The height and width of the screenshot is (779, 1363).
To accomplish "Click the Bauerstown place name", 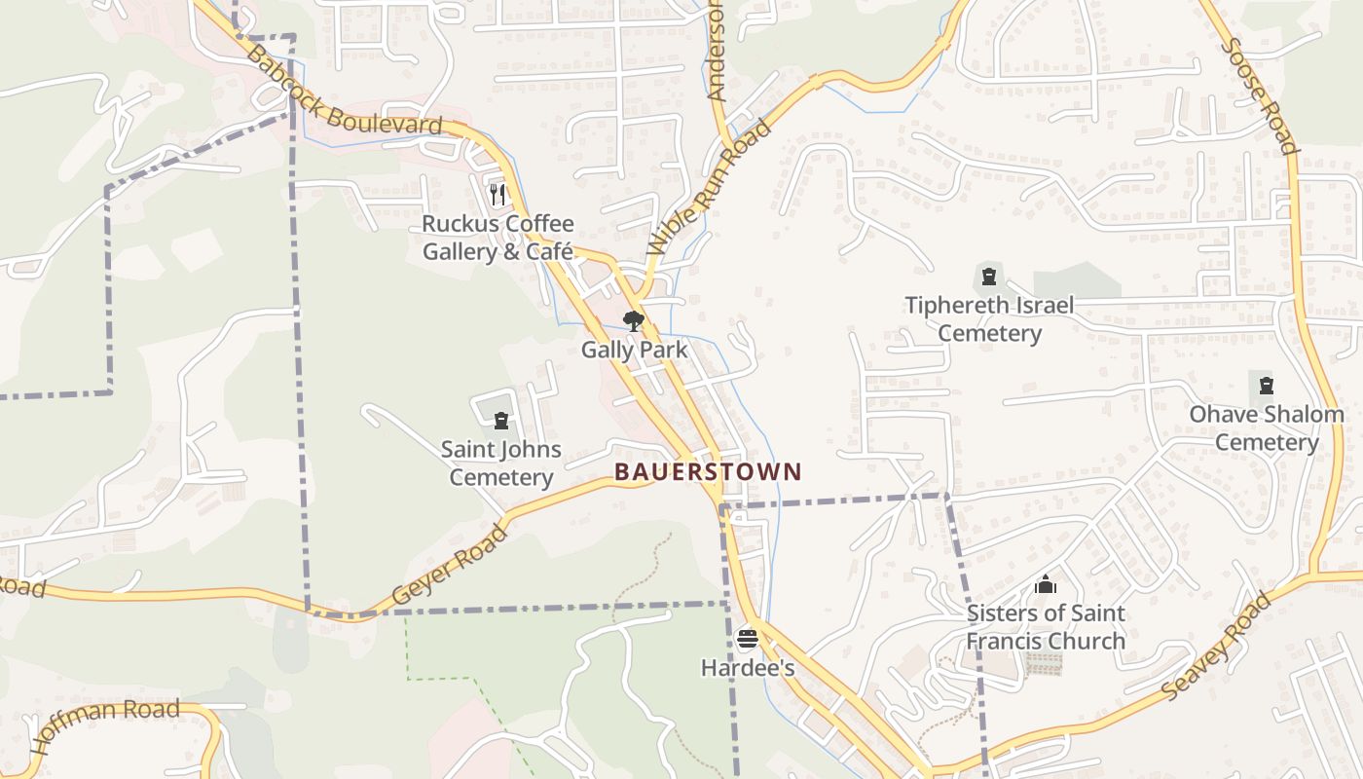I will (708, 472).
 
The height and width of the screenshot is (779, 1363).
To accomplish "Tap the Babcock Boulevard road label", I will (344, 92).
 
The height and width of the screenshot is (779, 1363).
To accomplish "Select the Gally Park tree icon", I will (634, 320).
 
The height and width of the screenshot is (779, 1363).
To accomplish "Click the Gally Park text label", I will (634, 350).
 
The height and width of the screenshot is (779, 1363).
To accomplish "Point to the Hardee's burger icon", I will (747, 639).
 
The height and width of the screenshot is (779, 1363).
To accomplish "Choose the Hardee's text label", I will (747, 668).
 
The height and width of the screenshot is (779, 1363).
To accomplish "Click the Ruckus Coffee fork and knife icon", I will (497, 195).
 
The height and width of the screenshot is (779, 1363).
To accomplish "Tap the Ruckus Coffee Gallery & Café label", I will (497, 238).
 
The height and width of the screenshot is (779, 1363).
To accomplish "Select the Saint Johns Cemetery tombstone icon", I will (501, 421).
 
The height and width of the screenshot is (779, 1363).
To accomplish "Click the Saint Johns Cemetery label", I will (501, 464).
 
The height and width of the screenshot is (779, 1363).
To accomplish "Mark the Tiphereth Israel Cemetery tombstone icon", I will (989, 277).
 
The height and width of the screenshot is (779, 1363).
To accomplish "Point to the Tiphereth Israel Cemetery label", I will (989, 319).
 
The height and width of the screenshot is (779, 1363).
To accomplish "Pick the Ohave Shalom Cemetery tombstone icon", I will (1266, 386).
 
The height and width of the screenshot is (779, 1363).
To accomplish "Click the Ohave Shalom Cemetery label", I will (1266, 428).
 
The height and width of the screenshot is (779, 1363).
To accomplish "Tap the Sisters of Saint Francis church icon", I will (1046, 584).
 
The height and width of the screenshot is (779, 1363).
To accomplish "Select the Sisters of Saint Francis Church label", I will (1046, 627).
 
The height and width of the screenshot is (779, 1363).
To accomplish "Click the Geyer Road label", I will (450, 565).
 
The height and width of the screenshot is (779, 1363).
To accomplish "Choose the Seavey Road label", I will (1217, 646).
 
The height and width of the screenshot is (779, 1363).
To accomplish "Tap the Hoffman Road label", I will (107, 726).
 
